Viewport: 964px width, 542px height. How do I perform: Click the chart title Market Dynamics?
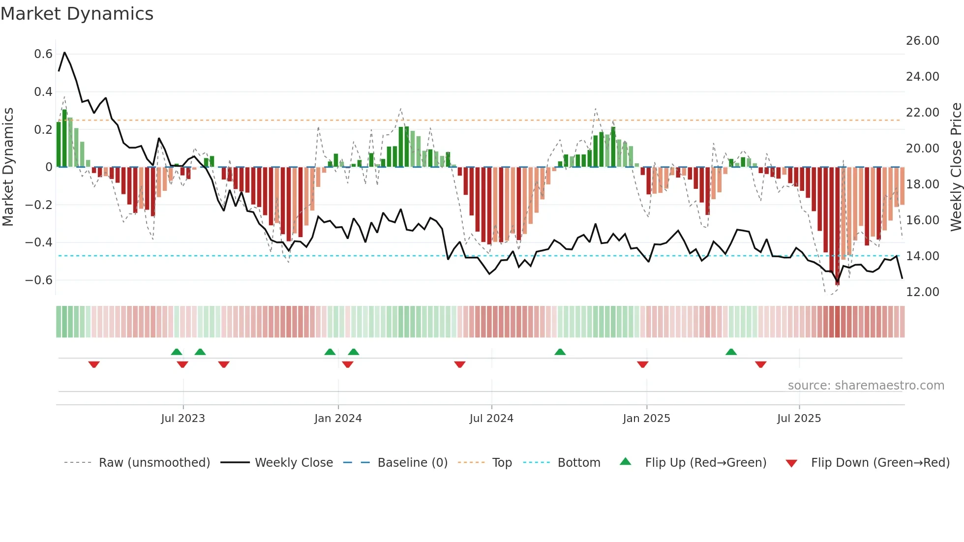click(x=77, y=14)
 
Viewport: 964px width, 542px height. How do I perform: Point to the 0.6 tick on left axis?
click(x=43, y=54)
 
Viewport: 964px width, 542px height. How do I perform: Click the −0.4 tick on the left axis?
click(x=39, y=242)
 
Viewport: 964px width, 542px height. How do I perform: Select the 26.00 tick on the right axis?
click(x=922, y=41)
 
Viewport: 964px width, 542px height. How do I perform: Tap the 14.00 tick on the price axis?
click(x=922, y=256)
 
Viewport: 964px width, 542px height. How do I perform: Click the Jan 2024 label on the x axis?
click(x=338, y=419)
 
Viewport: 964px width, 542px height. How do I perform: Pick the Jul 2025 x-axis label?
click(x=799, y=419)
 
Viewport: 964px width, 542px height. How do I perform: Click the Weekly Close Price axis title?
click(x=956, y=167)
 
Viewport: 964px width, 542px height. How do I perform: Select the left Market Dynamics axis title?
click(x=8, y=167)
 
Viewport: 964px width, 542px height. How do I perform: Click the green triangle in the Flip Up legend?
click(x=625, y=461)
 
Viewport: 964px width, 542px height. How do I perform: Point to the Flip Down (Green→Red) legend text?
click(x=880, y=463)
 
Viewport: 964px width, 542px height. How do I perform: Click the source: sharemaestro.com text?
click(x=866, y=386)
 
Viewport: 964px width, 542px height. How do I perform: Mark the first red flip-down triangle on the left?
click(x=94, y=364)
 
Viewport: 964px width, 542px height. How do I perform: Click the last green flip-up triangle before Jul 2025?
click(x=731, y=352)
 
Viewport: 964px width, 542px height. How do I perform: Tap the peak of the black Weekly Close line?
click(x=64, y=53)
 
